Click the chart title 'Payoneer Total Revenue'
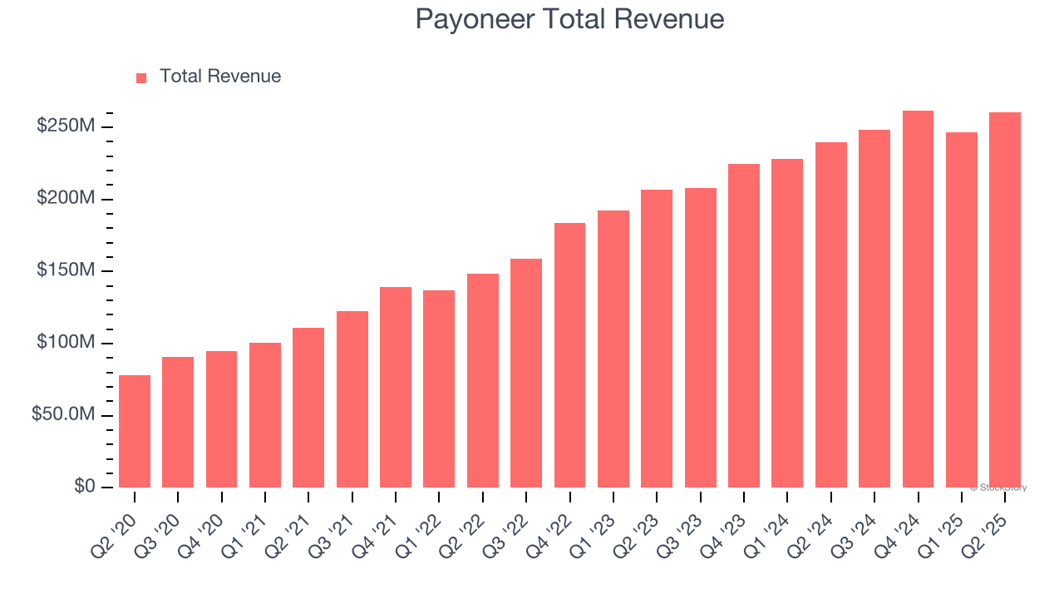click(569, 19)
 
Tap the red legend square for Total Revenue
click(141, 77)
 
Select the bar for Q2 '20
click(135, 431)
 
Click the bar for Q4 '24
click(918, 299)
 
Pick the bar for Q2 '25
click(1005, 299)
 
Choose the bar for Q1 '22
click(439, 389)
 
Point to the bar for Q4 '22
click(569, 355)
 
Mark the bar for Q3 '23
click(700, 338)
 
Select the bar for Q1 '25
click(962, 309)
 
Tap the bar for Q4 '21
click(396, 387)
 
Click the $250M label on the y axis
click(66, 126)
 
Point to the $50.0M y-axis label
click(63, 414)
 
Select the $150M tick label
click(66, 270)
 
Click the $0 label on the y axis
click(83, 486)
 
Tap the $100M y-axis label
click(66, 343)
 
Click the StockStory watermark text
click(997, 488)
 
